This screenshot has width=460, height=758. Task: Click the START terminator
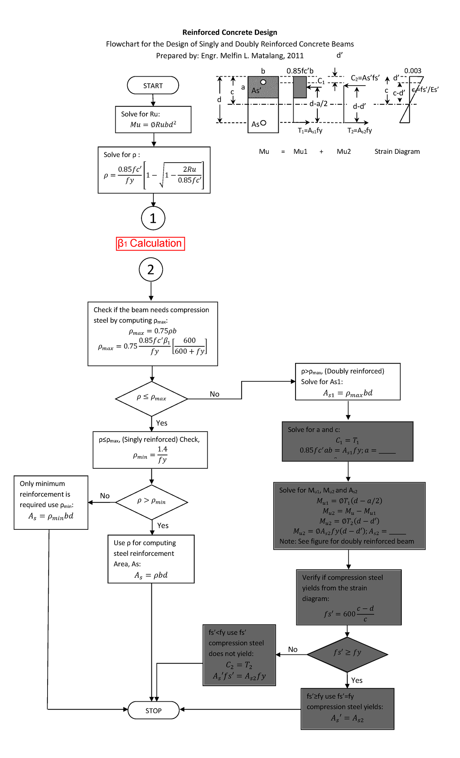tap(153, 86)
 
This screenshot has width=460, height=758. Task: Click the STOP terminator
tap(153, 710)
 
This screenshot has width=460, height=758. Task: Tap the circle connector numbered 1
tap(153, 218)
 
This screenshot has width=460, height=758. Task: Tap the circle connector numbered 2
tap(151, 270)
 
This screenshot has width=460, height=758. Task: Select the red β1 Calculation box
tap(150, 244)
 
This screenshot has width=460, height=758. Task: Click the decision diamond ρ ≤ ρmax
tap(151, 398)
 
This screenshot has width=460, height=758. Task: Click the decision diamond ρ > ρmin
tap(151, 501)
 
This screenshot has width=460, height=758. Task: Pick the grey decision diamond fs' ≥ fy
tap(347, 654)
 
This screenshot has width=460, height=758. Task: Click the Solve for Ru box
tap(153, 119)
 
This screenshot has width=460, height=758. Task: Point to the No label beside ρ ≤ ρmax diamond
tap(214, 394)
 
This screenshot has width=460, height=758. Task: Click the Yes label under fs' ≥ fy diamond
tap(356, 680)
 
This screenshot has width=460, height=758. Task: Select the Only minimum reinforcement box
tap(51, 502)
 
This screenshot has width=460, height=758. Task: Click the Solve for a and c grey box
tap(347, 441)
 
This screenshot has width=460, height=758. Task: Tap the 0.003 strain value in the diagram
tap(412, 71)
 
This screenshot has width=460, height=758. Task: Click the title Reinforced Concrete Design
tap(230, 32)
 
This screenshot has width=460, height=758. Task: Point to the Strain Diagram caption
tap(397, 152)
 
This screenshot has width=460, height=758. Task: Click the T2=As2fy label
tap(360, 130)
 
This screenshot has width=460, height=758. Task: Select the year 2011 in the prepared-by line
tap(295, 56)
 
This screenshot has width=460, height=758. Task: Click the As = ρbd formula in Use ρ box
tap(151, 575)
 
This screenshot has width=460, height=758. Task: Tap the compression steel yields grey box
tap(347, 708)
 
